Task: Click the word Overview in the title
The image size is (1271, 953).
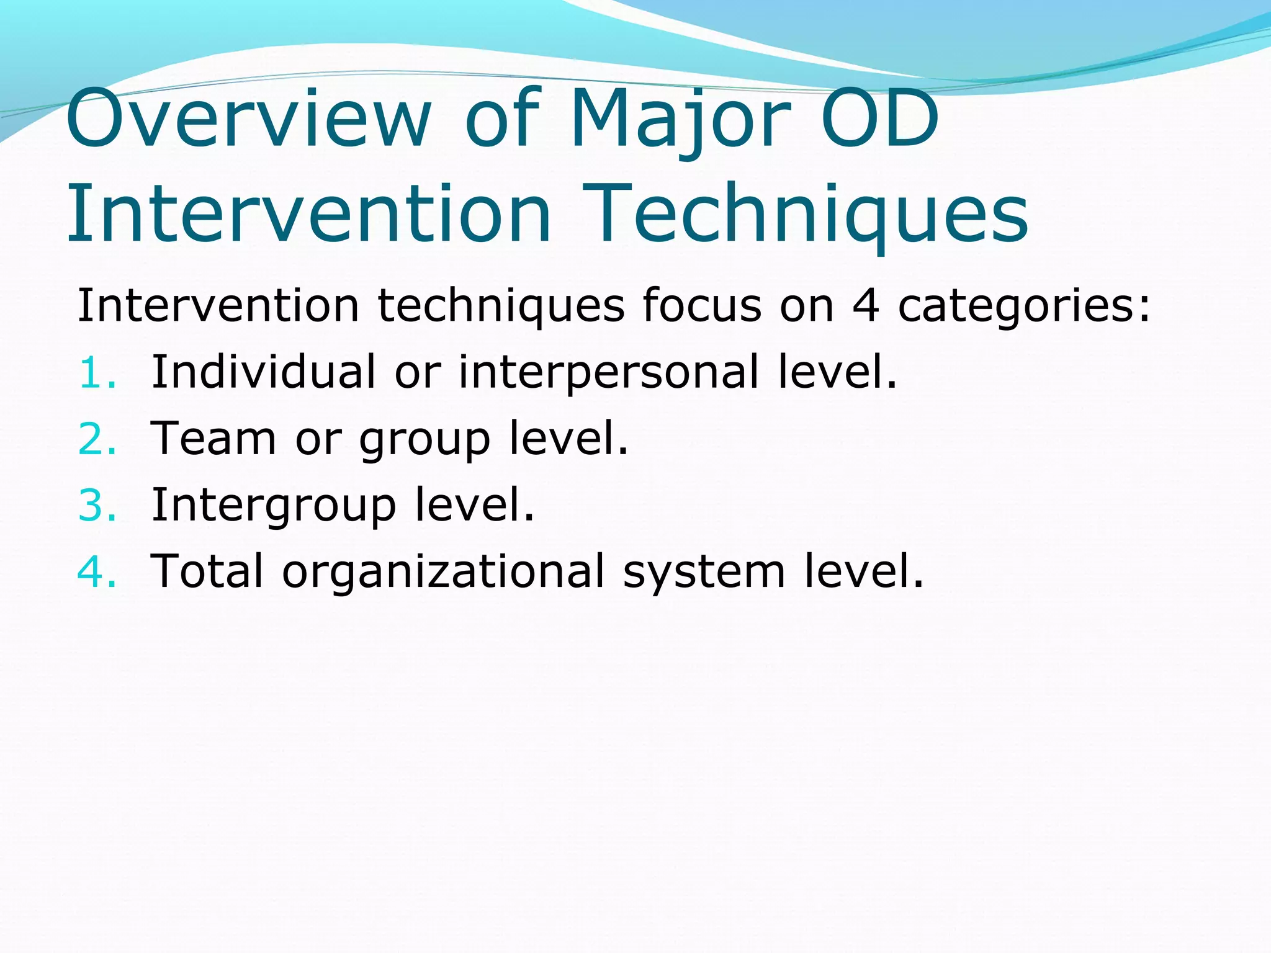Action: point(248,119)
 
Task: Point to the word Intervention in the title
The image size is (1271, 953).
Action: point(308,214)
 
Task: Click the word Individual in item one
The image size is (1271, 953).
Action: point(264,372)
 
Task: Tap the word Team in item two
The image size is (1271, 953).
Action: point(214,439)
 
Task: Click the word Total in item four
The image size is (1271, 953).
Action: point(207,571)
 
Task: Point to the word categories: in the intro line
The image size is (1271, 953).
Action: point(1024,308)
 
